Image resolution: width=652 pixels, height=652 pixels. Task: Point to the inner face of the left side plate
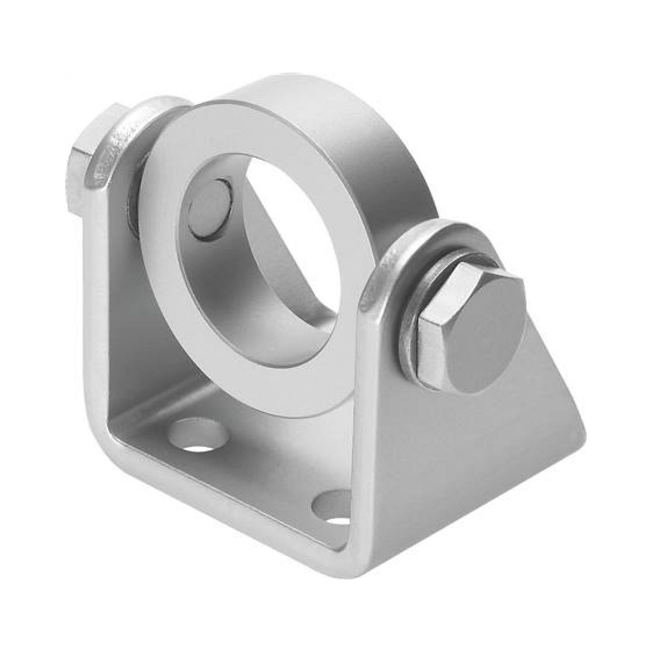pos(128,337)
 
